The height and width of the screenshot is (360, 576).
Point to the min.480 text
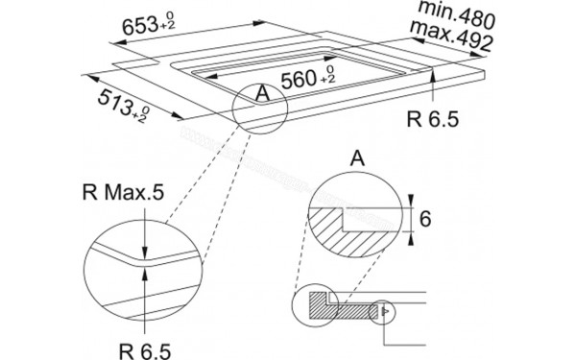[x=454, y=15]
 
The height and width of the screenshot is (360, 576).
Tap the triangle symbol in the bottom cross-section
[x=385, y=310]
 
